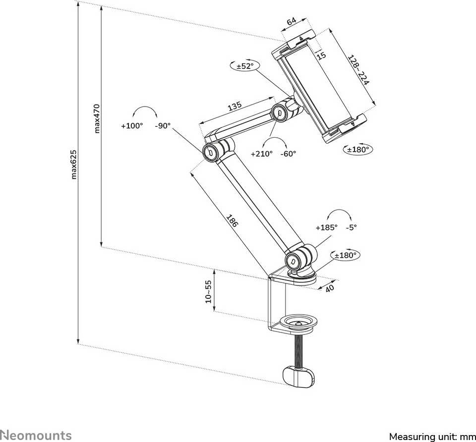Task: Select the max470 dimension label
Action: (97, 118)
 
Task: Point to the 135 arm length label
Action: (235, 106)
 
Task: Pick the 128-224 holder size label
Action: (358, 70)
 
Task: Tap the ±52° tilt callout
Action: (244, 66)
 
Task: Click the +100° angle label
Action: (132, 126)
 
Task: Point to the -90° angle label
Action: (162, 126)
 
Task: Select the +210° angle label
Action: (261, 154)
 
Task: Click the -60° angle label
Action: (288, 154)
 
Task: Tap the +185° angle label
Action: (326, 227)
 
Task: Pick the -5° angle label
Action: (351, 227)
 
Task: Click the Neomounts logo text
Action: (36, 435)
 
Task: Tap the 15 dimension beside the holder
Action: (321, 55)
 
